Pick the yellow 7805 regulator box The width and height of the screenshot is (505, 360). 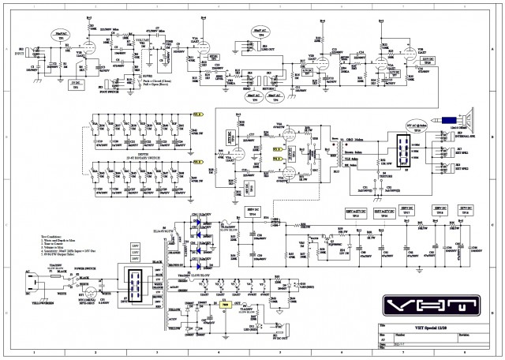click(x=226, y=303)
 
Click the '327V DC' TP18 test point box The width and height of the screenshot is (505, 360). click(x=466, y=212)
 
